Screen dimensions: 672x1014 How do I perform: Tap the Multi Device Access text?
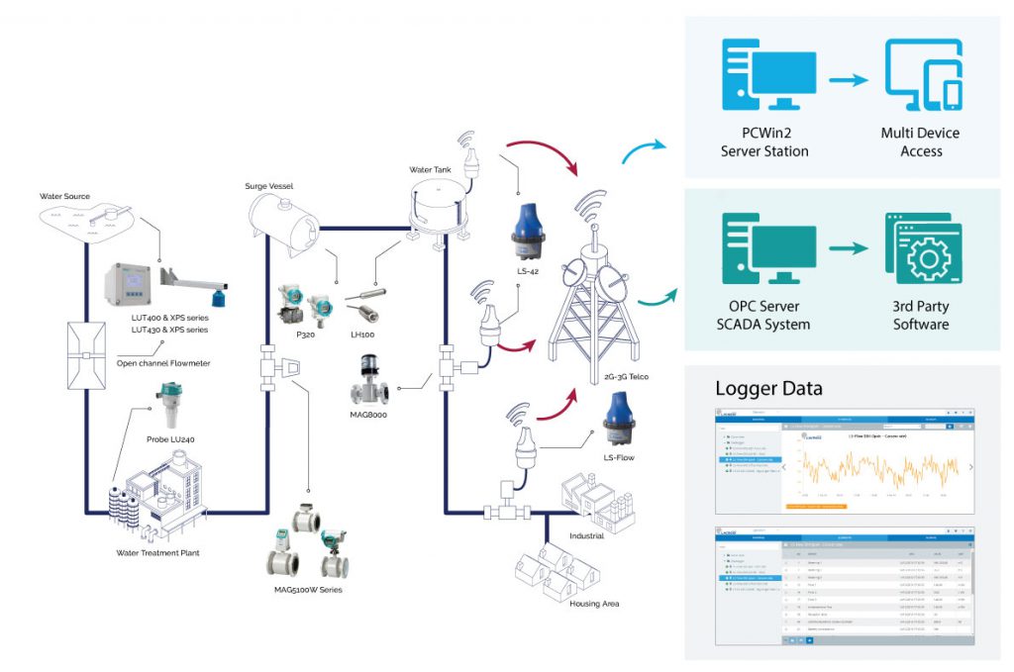click(x=920, y=142)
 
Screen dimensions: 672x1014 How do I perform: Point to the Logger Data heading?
click(x=769, y=387)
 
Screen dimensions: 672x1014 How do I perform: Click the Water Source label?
click(x=65, y=196)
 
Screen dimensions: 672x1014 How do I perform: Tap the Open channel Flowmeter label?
click(x=163, y=363)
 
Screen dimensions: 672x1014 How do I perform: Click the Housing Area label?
click(x=594, y=602)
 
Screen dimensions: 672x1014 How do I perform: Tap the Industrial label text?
click(x=586, y=535)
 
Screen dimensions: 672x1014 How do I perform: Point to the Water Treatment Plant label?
click(x=153, y=552)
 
